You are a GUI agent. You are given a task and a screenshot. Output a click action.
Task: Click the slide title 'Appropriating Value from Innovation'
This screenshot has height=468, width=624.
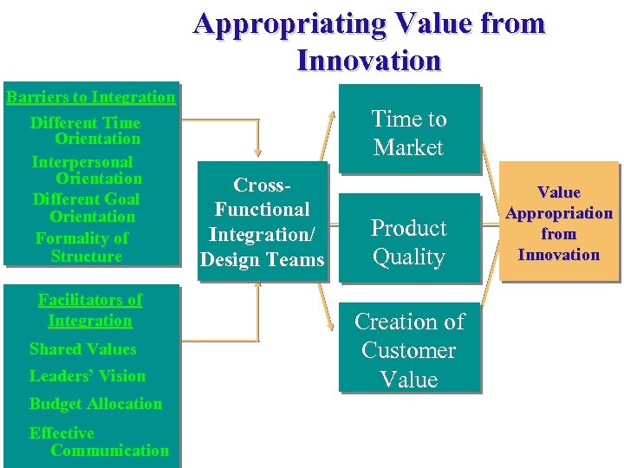369,41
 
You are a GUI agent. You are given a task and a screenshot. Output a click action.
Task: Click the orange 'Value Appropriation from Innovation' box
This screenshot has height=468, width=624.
559,222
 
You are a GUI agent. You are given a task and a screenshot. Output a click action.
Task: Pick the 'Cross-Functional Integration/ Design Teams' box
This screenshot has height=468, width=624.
263,221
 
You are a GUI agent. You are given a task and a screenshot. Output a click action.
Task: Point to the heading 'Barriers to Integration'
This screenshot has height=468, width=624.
90,96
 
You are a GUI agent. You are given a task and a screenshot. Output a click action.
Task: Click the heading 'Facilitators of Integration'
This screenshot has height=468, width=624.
90,310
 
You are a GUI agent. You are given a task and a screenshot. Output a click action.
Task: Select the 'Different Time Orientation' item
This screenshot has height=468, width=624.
87,130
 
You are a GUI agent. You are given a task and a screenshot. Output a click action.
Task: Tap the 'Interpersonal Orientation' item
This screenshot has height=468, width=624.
87,170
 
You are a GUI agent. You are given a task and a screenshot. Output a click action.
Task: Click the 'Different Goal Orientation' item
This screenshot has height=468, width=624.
87,207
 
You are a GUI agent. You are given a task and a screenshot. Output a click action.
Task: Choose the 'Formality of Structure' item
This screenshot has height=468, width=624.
83,247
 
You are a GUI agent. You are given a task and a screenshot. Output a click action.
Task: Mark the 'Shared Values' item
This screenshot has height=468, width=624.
83,349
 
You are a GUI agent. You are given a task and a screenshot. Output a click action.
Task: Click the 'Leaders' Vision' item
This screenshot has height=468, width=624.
88,376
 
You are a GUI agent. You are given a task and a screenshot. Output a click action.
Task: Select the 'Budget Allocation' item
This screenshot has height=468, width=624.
95,404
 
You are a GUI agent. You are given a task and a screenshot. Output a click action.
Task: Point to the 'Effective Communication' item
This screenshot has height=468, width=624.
97,441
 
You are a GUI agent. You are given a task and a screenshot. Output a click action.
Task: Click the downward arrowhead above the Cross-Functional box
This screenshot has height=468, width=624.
258,151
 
